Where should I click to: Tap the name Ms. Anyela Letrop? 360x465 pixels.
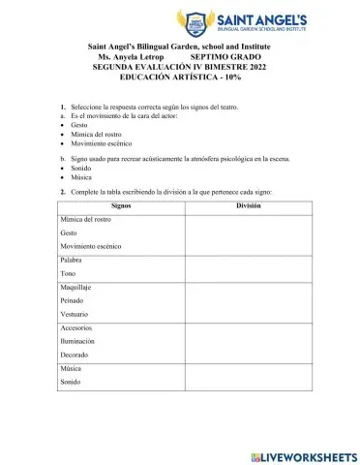click(124, 57)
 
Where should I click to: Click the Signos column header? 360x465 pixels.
click(120, 205)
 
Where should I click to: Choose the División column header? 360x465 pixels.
click(248, 205)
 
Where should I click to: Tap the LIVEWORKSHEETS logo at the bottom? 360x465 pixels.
click(303, 455)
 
